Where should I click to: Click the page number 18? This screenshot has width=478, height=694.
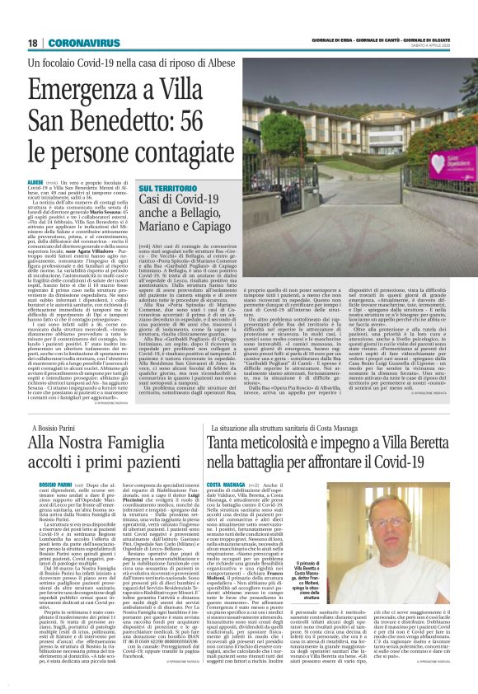tap(33, 42)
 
